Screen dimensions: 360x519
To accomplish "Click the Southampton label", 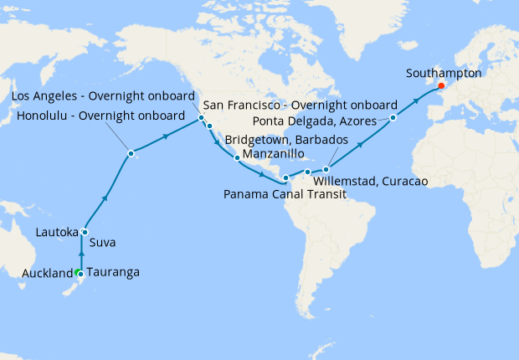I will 444,73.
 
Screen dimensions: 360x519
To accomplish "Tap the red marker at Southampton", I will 441,85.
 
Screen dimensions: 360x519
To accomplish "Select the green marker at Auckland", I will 77,273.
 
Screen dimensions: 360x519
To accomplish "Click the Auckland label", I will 48,273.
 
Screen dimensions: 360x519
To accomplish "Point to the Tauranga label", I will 112,273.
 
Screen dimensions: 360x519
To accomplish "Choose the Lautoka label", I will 57,232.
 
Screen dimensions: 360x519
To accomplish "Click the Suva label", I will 101,243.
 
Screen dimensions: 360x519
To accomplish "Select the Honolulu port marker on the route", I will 131,153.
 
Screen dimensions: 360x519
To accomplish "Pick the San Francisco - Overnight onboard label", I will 301,106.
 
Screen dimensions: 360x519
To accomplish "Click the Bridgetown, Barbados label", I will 285,138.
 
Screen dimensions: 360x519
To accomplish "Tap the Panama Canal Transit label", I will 285,193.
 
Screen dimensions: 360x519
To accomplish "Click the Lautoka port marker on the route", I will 85,233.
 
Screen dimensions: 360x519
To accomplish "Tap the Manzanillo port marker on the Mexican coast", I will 238,157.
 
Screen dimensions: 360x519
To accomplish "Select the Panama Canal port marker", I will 285,177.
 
